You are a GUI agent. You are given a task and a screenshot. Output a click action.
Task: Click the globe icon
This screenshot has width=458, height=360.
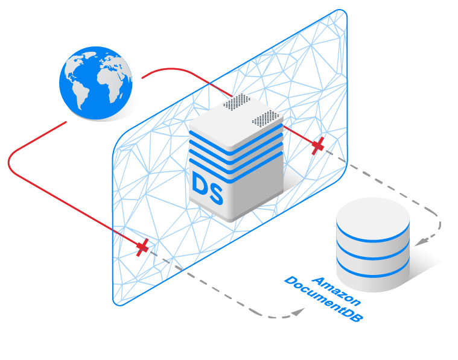95,83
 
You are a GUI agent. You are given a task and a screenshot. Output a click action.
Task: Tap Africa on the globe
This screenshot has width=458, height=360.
100,91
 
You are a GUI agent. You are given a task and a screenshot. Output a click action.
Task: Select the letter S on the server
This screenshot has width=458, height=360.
215,192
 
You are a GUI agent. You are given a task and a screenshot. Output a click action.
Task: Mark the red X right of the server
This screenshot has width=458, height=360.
317,145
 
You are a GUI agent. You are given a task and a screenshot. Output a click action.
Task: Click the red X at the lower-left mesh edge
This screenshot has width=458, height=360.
142,246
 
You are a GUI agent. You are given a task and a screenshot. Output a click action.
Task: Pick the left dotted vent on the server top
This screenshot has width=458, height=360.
237,102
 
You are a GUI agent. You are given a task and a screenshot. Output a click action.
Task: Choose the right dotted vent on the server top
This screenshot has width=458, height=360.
266,117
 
